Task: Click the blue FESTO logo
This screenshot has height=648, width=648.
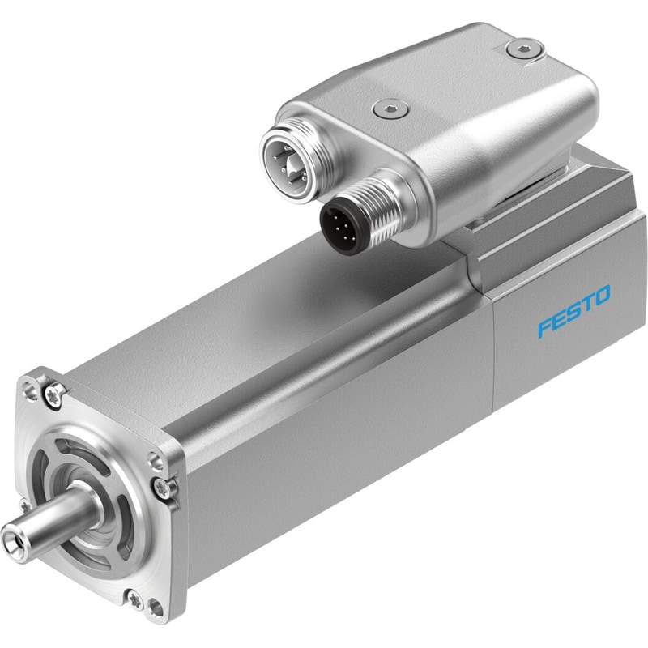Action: [574, 311]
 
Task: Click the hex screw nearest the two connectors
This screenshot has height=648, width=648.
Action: [390, 109]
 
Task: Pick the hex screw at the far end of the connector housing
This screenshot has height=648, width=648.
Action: [525, 49]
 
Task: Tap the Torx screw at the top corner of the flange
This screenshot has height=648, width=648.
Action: [55, 392]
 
